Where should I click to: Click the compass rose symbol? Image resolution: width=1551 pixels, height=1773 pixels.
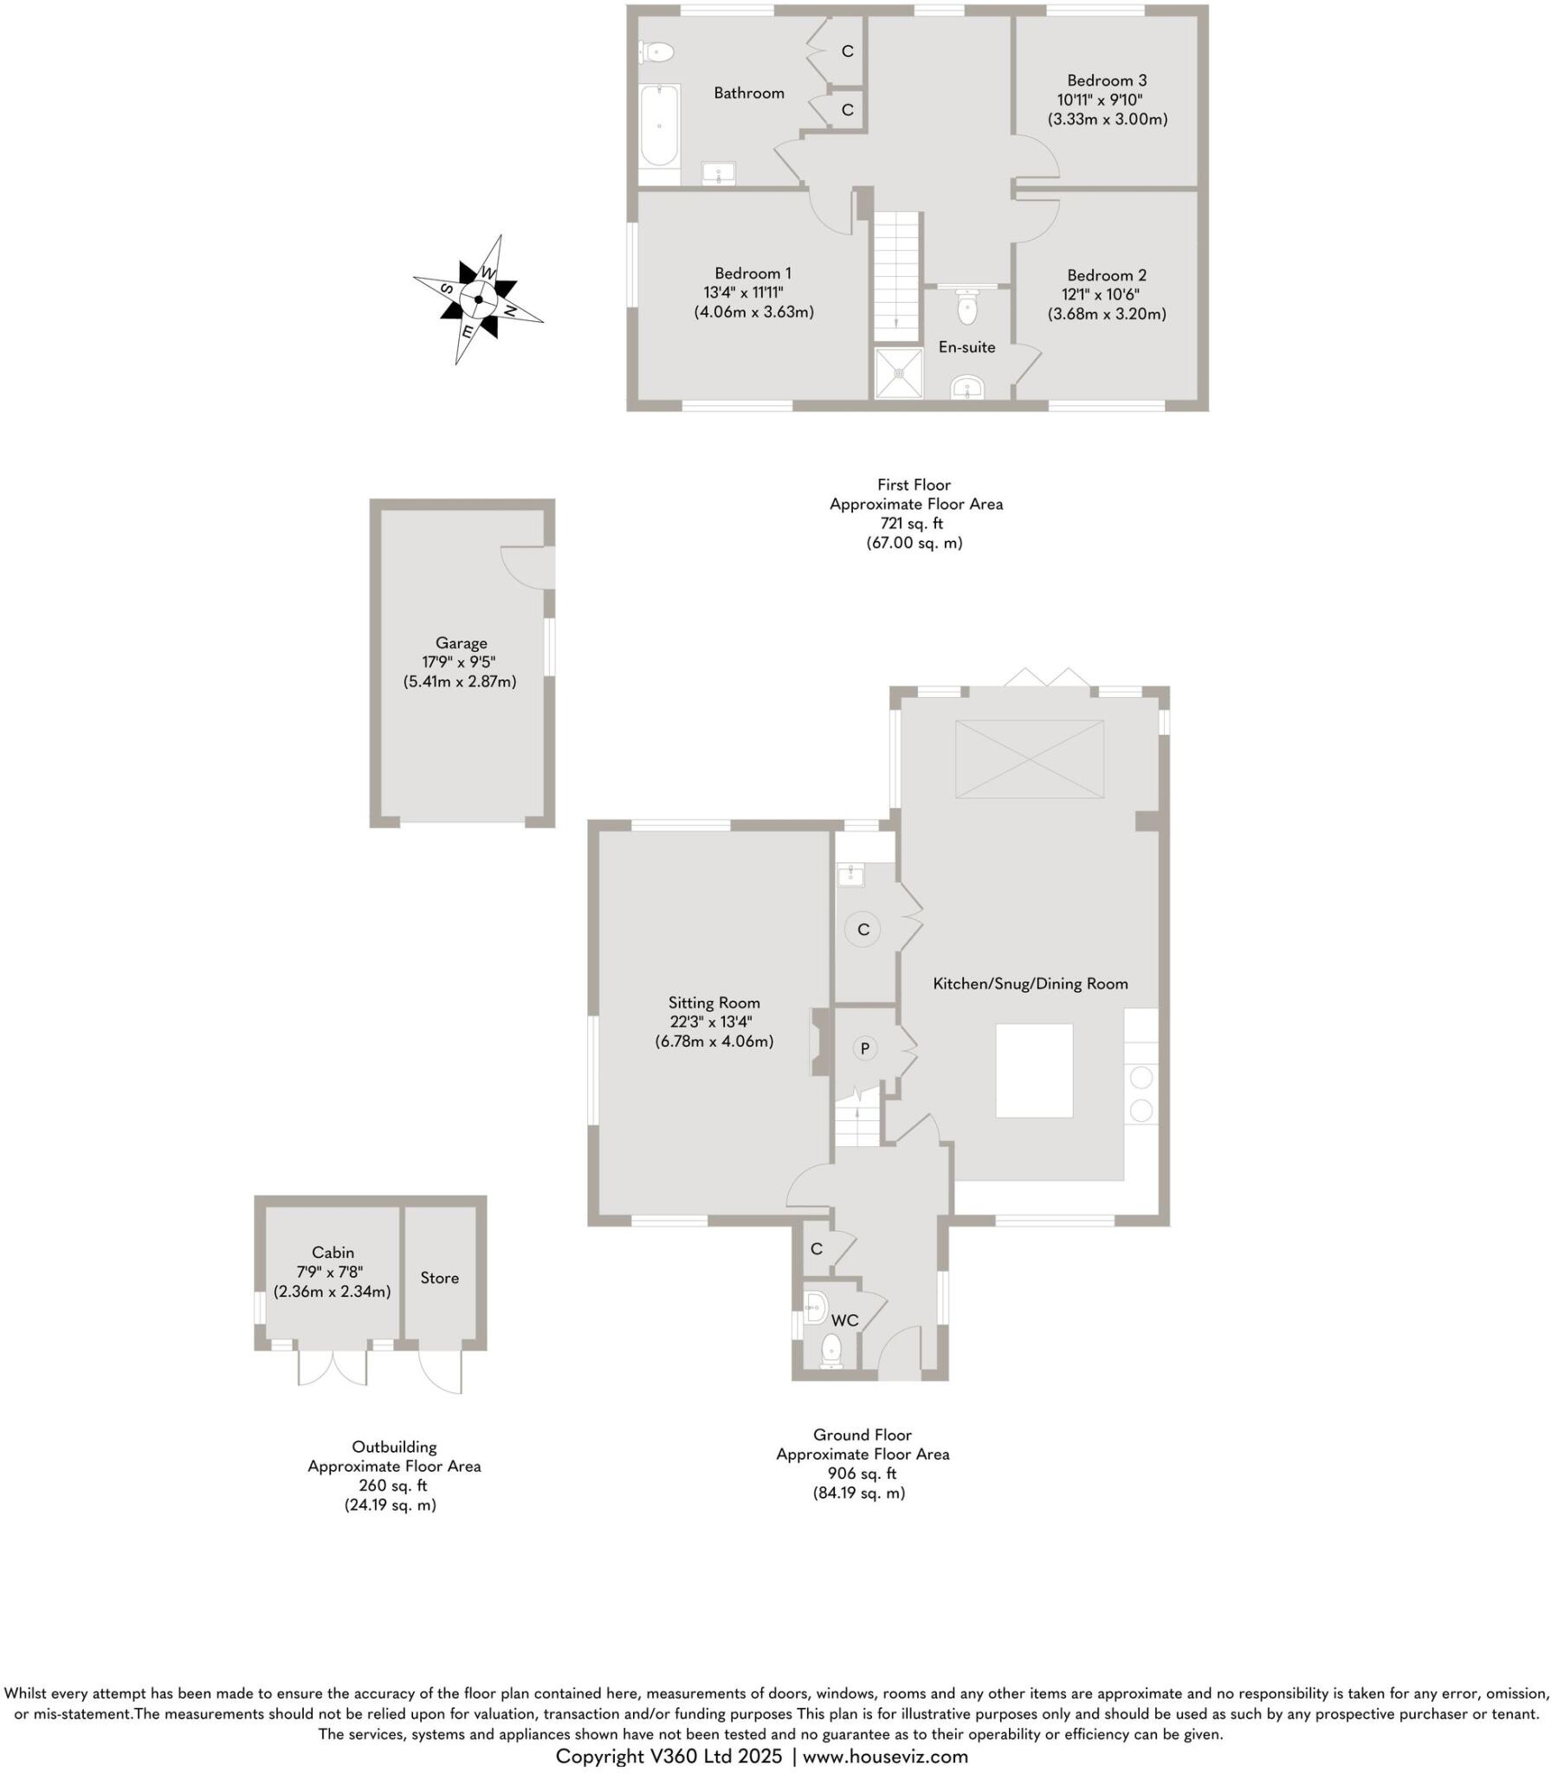click(x=478, y=300)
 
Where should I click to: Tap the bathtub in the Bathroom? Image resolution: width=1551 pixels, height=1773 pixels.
click(x=659, y=126)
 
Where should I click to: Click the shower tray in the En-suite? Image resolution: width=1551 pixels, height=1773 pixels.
click(x=899, y=373)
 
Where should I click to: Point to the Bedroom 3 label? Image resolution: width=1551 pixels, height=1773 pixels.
click(x=1106, y=81)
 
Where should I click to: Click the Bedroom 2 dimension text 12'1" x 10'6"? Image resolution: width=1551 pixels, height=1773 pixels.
click(x=1100, y=294)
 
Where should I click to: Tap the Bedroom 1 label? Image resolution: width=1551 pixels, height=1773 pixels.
click(x=752, y=274)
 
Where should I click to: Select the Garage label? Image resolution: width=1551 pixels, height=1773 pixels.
click(x=461, y=643)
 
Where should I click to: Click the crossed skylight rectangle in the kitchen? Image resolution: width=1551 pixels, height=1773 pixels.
click(x=1029, y=759)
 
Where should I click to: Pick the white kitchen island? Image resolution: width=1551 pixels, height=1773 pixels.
click(x=1033, y=1070)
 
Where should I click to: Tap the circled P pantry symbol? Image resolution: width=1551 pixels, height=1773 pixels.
click(x=863, y=1048)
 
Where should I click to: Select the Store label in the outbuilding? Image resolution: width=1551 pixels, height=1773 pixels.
click(x=439, y=1278)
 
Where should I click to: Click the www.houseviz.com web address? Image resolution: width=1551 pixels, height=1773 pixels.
click(x=885, y=1756)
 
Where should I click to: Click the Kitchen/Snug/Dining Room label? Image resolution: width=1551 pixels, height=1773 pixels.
click(x=1030, y=983)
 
